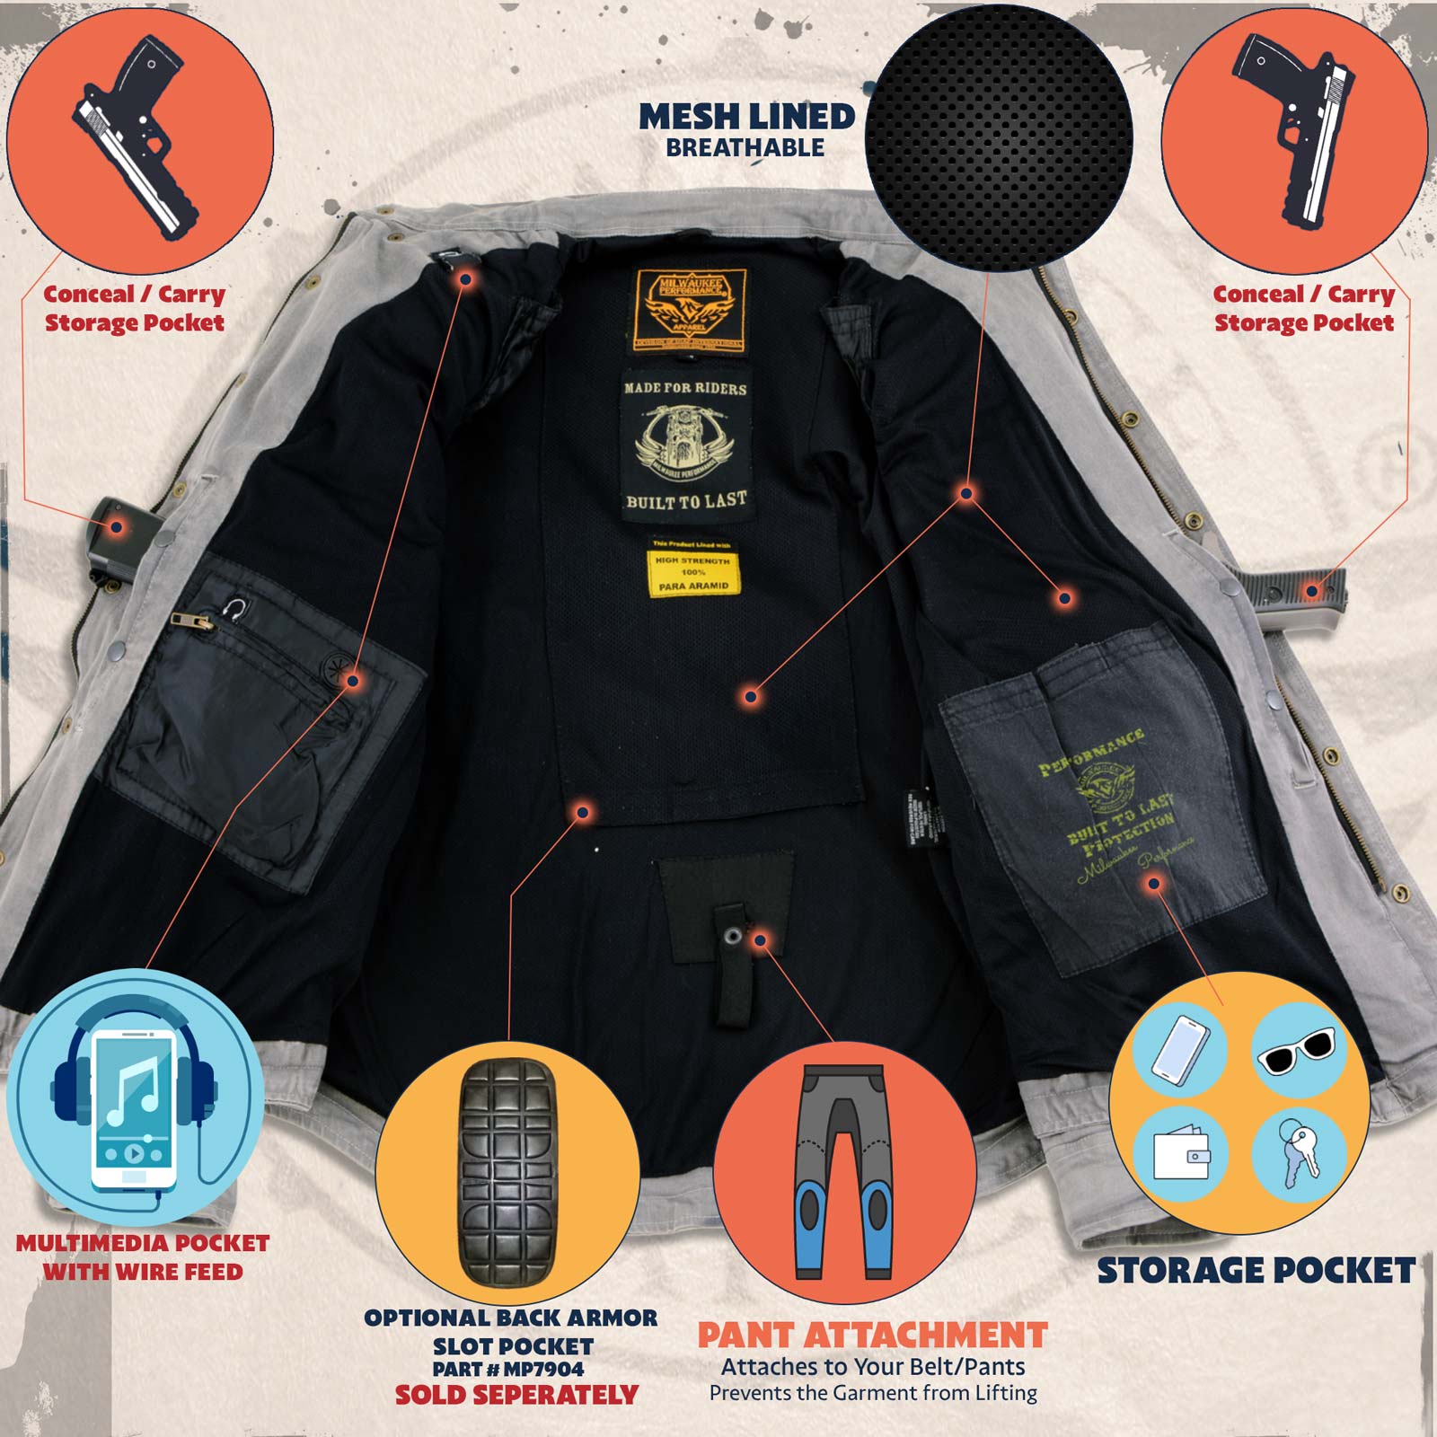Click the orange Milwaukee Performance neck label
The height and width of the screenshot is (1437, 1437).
click(x=689, y=310)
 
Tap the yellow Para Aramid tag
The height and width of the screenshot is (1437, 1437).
click(x=692, y=572)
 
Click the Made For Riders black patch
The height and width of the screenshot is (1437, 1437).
click(x=686, y=445)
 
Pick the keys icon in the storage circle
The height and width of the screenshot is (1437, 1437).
click(x=1299, y=1151)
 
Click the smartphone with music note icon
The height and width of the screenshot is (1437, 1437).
click(x=134, y=1108)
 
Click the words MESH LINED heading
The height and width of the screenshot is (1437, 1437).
click(x=746, y=118)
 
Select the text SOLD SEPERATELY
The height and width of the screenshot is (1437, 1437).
click(x=516, y=1395)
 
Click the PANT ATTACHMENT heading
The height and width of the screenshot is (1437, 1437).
click(x=872, y=1336)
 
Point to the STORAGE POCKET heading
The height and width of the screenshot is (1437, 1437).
click(x=1256, y=1271)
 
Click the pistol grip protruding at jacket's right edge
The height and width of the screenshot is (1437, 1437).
click(x=1293, y=587)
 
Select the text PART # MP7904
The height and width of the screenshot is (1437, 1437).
click(x=508, y=1370)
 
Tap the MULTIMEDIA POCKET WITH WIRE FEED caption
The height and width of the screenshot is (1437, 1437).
click(x=143, y=1257)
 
